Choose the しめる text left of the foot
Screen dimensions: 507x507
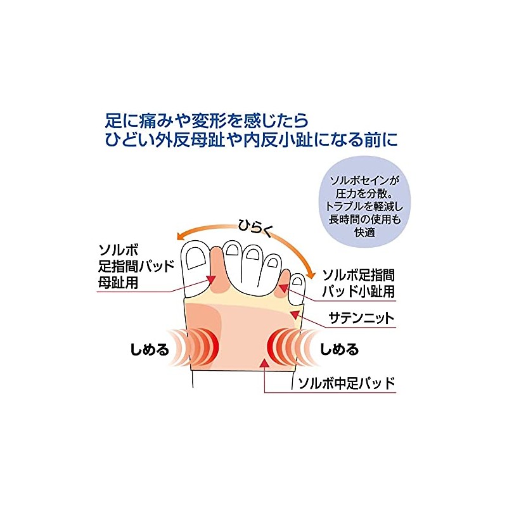[150, 349]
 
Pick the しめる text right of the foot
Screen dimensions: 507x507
[340, 349]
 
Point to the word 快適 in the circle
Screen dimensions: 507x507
[366, 232]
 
